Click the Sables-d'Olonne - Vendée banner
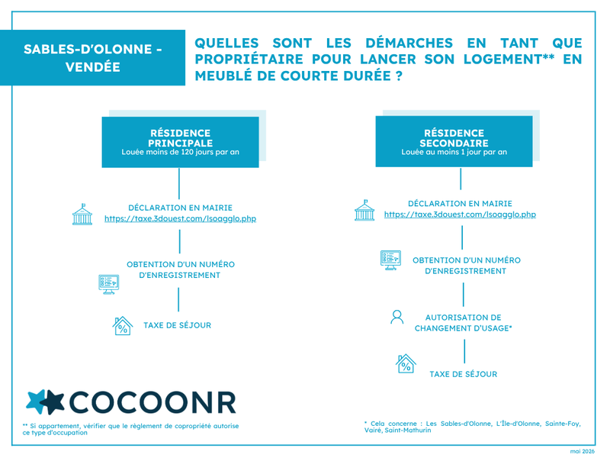point(92,58)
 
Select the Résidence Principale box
point(180,142)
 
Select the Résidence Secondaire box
point(454,141)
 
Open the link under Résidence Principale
point(180,218)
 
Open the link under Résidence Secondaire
point(460,214)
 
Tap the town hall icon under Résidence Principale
point(82,214)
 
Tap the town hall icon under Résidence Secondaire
point(364,211)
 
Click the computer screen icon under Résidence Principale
point(108,284)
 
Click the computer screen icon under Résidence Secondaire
point(390,260)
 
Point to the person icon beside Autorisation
point(396,317)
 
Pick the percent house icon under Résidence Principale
point(123,326)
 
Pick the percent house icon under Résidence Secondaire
point(406,363)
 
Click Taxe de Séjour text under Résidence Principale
point(178,325)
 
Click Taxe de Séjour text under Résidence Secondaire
point(464,374)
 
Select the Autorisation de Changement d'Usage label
point(463,323)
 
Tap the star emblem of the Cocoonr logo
point(45,402)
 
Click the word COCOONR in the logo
point(152,402)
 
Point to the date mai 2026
point(583,451)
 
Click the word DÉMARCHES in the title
point(409,43)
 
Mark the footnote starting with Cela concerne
point(472,427)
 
